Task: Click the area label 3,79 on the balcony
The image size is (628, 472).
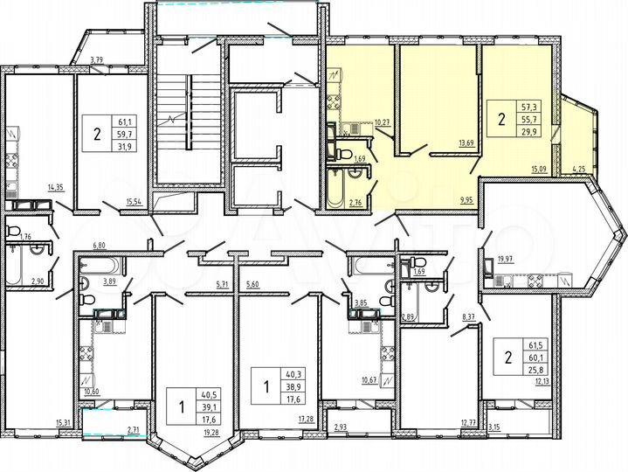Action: [98, 60]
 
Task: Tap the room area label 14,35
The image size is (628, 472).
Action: [55, 186]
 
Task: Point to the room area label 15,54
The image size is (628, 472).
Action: [134, 202]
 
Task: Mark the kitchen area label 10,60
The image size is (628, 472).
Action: [88, 392]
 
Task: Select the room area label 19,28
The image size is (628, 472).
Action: [210, 432]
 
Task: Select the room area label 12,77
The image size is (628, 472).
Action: [470, 422]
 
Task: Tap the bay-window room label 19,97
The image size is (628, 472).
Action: [505, 259]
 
